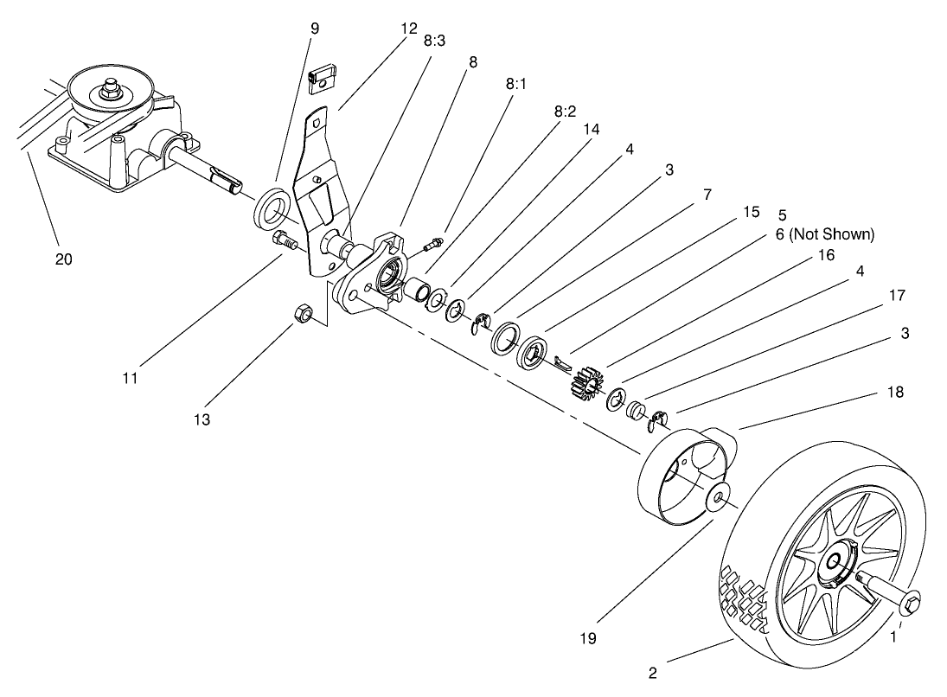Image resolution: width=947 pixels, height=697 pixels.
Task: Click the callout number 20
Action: click(63, 258)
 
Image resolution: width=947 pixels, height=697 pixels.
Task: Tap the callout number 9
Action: click(314, 29)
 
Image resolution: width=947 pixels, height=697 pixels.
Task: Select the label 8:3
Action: click(434, 41)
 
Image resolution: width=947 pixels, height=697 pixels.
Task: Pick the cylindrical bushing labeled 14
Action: click(418, 290)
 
